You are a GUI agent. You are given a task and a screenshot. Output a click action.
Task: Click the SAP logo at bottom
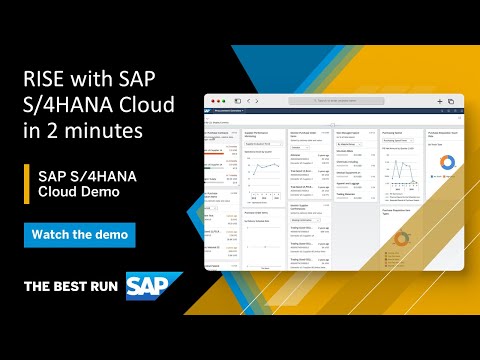pos(154,286)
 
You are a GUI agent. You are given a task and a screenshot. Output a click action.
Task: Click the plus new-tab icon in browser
pos(438,101)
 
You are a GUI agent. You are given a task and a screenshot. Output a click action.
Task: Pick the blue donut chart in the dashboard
pos(447,161)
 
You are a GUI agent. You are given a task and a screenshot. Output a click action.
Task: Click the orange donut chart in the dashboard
pos(401,238)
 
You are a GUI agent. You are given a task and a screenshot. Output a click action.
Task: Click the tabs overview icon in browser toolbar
pos(450,101)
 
